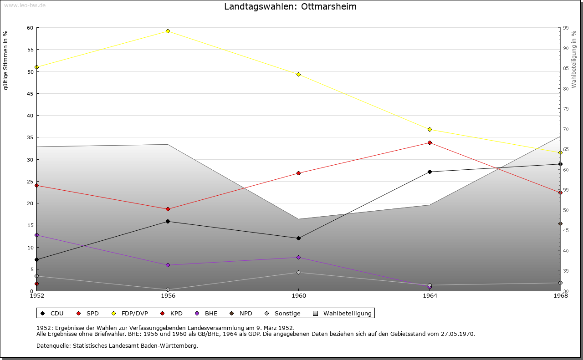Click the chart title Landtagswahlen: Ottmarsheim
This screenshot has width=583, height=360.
(x=290, y=7)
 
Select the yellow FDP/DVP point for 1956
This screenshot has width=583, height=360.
(x=168, y=31)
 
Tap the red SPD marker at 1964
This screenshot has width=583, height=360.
(x=430, y=143)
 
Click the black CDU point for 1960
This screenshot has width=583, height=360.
(x=298, y=238)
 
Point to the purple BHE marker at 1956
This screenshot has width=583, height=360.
(x=168, y=265)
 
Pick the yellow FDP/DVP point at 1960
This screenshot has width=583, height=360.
(x=298, y=74)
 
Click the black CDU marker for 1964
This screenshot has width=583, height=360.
(x=430, y=172)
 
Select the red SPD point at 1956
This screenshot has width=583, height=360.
(x=168, y=209)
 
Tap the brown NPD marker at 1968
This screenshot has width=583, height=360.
(x=560, y=223)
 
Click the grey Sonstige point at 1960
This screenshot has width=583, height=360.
(x=298, y=273)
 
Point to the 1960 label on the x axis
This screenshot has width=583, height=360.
(x=298, y=296)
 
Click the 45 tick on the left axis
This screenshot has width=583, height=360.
(x=30, y=94)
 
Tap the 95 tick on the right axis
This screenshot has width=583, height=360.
(x=565, y=28)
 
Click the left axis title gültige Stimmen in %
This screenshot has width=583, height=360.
(x=6, y=60)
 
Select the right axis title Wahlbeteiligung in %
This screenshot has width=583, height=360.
(x=574, y=59)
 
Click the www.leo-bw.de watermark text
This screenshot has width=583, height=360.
(x=25, y=5)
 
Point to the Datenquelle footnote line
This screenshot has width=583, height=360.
(x=117, y=345)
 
